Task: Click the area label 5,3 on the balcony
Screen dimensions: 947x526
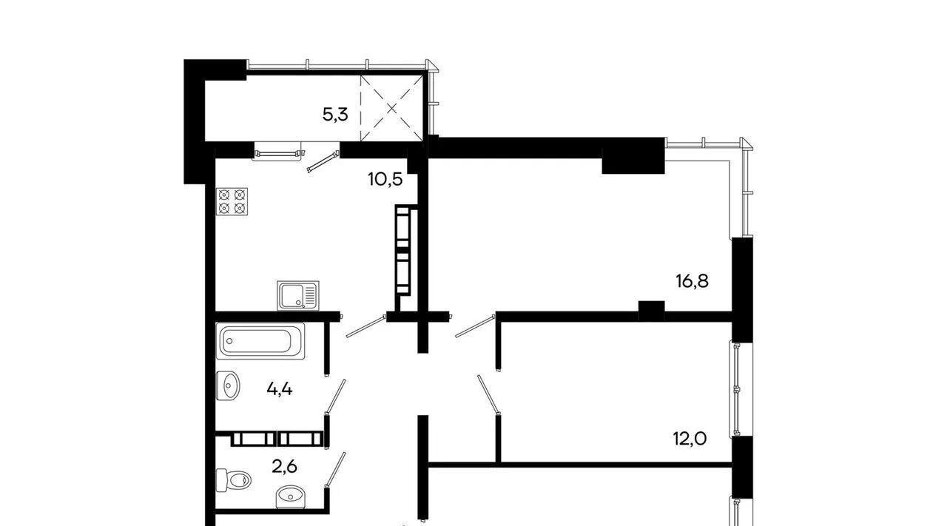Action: pos(335,115)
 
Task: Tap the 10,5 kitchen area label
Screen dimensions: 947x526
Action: pos(385,180)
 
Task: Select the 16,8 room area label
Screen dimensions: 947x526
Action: pos(692,281)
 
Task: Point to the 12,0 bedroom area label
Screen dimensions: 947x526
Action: pos(690,439)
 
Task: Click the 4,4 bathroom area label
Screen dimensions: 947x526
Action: pos(280,389)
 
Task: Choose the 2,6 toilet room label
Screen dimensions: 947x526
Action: pos(285,467)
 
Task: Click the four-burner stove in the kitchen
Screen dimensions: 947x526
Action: pos(232,202)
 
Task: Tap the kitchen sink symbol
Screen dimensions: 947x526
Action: pos(298,295)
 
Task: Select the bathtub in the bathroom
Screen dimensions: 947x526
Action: pos(260,341)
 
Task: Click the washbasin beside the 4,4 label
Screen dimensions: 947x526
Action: pos(228,385)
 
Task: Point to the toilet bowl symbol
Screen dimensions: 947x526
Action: pos(233,480)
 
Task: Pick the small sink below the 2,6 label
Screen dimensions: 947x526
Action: pos(290,496)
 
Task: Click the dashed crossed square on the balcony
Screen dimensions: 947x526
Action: pos(391,108)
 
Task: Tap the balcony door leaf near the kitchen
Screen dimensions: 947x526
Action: pos(323,162)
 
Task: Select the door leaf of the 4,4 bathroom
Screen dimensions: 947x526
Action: pos(335,397)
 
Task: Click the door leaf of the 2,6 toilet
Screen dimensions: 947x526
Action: pos(335,470)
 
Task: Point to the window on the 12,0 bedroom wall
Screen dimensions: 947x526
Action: pos(737,389)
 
